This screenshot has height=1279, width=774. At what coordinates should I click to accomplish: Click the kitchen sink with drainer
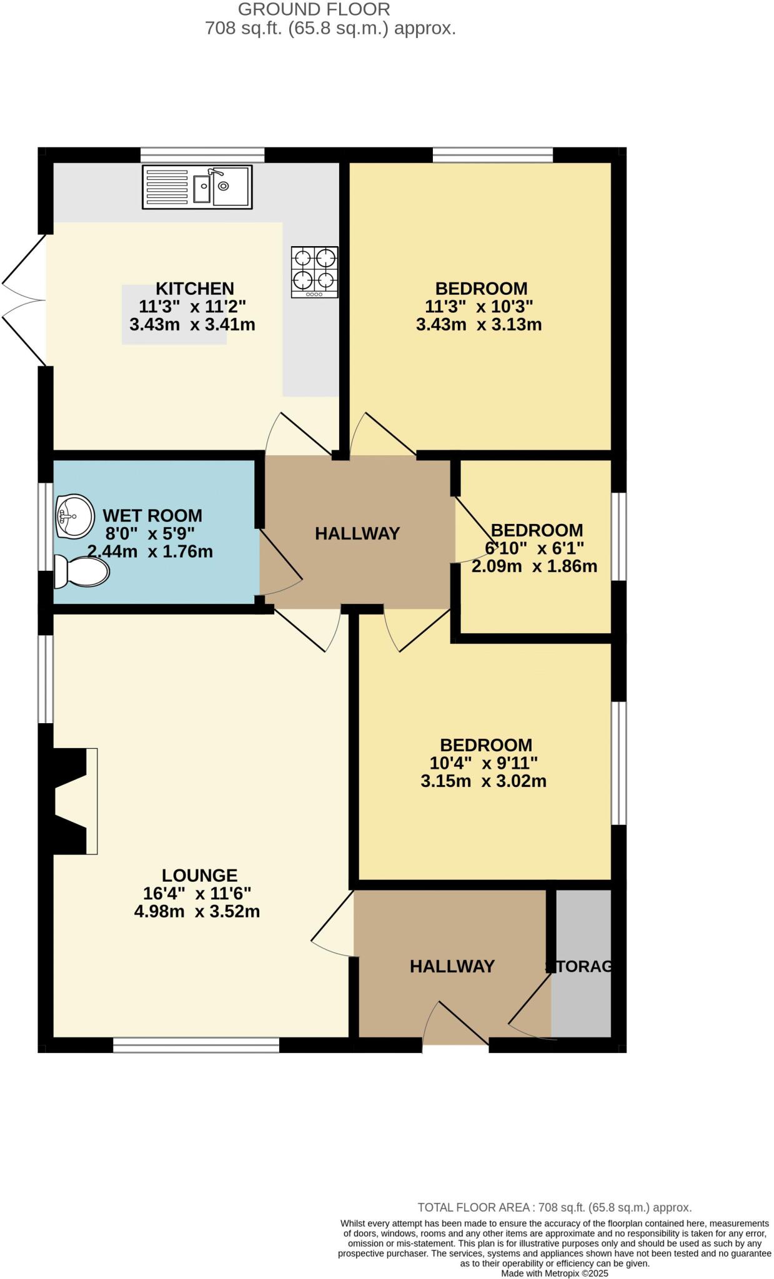coord(197,187)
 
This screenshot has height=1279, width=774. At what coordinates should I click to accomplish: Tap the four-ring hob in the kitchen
coord(315,272)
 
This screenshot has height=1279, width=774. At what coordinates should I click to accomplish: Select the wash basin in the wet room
coord(74,516)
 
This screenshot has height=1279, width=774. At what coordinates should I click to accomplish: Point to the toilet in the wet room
coord(81,571)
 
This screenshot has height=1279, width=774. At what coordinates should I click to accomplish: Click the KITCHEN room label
coord(195,289)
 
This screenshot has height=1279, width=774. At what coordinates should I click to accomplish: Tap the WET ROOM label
coord(152,516)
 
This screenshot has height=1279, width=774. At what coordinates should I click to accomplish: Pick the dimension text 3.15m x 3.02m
coord(484,781)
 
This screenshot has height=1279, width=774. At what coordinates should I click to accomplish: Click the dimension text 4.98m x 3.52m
coord(197,912)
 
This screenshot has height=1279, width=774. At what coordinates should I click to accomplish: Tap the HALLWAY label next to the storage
coord(452,967)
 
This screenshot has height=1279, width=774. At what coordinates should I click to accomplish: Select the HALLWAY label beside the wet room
coord(357,533)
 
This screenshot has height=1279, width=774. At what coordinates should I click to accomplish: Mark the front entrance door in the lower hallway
coord(456,1024)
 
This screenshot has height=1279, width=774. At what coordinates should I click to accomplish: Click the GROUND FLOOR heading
coord(314,9)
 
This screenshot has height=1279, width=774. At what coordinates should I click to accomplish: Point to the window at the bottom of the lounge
coord(196,1045)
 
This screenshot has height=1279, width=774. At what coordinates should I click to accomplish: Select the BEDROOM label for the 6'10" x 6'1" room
coord(537,530)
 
